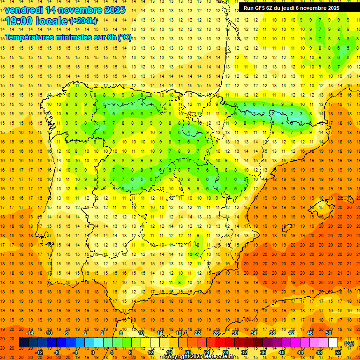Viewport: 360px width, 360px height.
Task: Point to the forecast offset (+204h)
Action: pos(83,21)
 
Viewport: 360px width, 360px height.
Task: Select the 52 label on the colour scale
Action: pos(338,352)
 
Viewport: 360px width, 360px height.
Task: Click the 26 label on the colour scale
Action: pos(216,333)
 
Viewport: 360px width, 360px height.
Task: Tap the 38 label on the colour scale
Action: pos(272,333)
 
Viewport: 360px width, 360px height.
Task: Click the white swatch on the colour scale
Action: pos(333,343)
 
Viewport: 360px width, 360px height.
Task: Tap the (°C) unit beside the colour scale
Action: pos(349,343)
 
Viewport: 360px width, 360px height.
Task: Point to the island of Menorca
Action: pos(346,188)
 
